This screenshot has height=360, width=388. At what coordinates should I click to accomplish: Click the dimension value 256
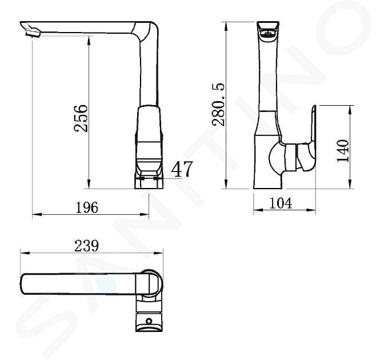click(81, 118)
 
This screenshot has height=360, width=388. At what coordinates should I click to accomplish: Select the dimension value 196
click(87, 207)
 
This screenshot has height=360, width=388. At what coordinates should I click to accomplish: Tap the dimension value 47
click(182, 169)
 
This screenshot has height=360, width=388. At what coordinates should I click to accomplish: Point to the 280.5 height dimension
click(218, 105)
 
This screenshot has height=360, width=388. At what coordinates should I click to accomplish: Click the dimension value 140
click(343, 151)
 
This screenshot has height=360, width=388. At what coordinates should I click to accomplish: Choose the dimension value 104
click(281, 203)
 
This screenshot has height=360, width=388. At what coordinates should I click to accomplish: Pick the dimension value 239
click(87, 246)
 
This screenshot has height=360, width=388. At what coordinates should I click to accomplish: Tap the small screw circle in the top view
click(149, 321)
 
